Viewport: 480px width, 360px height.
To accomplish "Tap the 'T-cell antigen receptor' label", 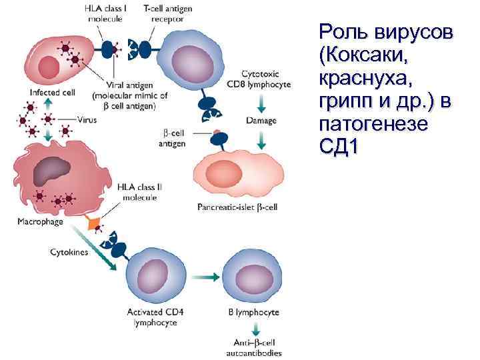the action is click(162, 13).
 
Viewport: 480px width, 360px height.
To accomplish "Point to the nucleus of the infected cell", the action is click(50, 66).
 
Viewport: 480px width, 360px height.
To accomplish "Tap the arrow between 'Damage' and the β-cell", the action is click(261, 139).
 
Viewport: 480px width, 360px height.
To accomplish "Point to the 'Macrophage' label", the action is click(41, 221).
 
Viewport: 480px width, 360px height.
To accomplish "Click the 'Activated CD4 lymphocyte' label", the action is click(152, 317).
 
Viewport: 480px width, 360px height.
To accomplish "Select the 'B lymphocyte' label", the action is click(250, 312).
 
